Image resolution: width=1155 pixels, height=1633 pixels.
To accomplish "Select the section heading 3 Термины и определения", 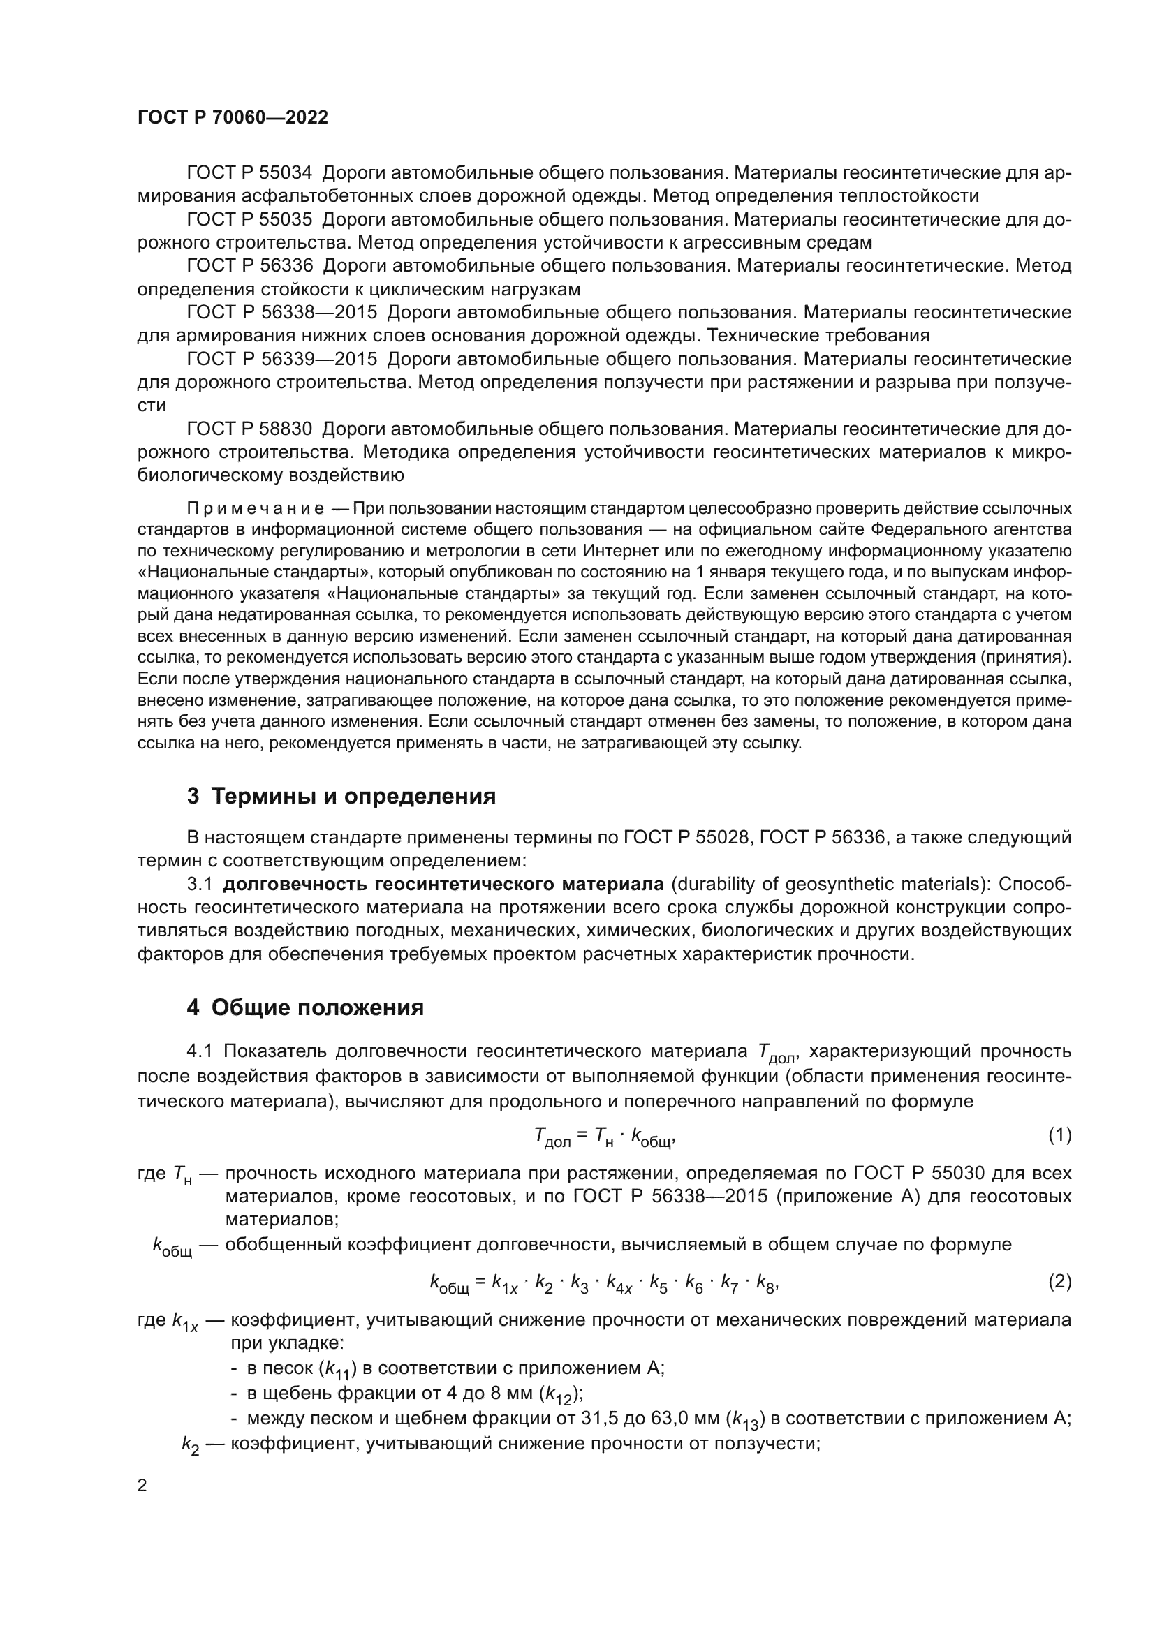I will [341, 796].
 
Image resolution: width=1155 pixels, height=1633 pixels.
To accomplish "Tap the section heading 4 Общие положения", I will [305, 1007].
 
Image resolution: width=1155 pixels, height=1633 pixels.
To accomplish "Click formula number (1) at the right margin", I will [1060, 1135].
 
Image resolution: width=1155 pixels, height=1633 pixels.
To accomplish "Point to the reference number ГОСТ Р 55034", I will [249, 173].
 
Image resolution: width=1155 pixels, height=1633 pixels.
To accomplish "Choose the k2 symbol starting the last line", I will [190, 1444].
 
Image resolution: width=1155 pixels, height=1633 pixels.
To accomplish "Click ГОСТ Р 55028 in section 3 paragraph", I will [687, 837].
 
